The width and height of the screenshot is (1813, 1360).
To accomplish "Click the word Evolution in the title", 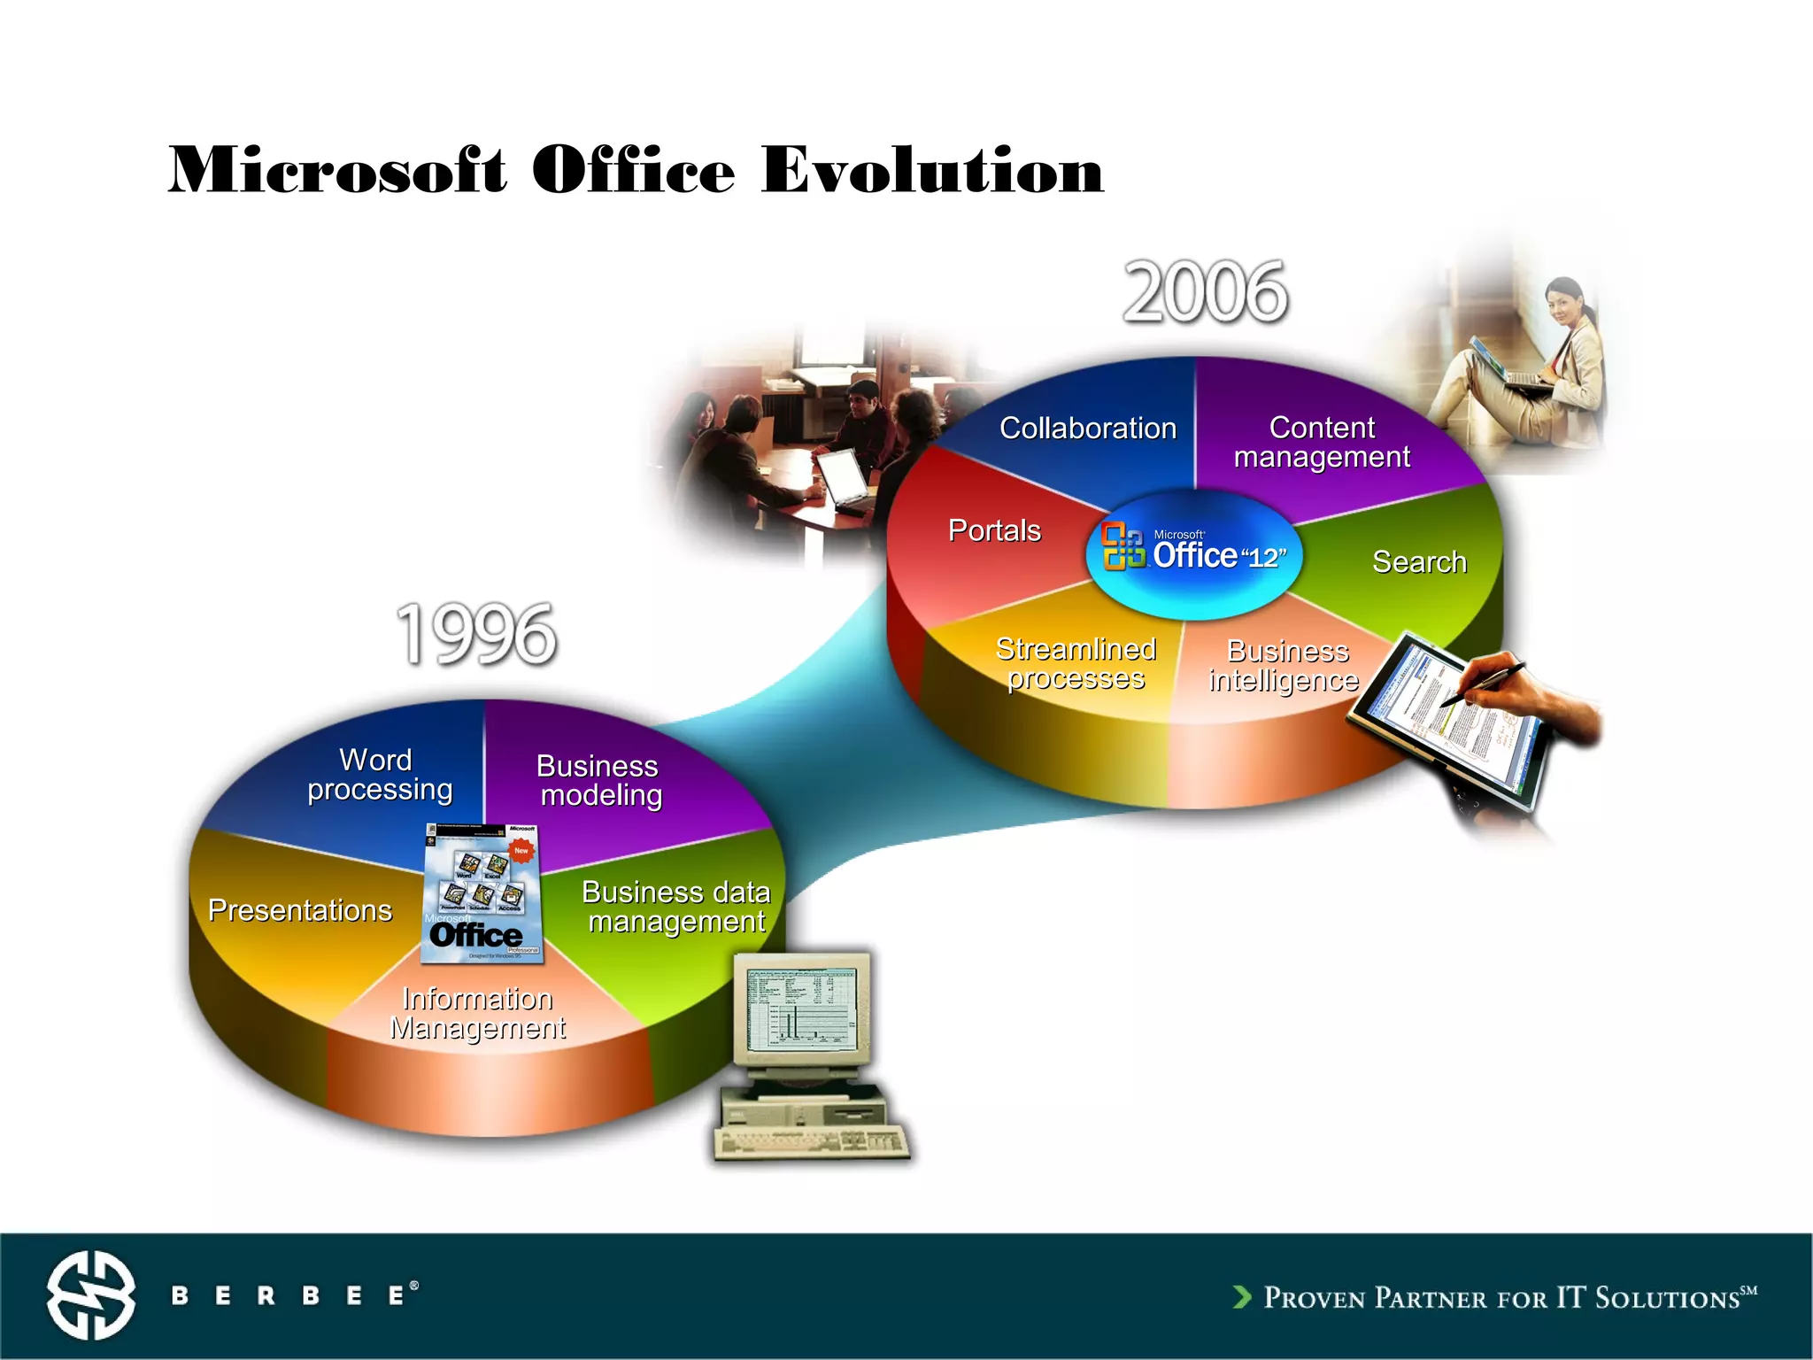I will (x=932, y=170).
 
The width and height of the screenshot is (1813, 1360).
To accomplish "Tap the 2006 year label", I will (x=1205, y=293).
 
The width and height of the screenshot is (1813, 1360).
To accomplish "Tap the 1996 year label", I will (x=476, y=634).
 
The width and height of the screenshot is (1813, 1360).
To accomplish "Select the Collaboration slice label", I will (x=1088, y=429).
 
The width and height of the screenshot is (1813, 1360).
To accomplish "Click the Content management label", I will (x=1322, y=442).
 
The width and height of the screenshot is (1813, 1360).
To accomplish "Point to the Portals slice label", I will (x=994, y=530).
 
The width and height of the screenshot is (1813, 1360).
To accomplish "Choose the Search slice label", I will (x=1419, y=562).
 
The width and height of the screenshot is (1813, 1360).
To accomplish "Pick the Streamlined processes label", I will (x=1076, y=663).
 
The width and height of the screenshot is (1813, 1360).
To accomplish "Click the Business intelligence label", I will (x=1285, y=666).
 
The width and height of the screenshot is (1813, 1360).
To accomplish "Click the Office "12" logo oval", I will (x=1194, y=553).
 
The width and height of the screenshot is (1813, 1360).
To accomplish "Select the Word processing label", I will (x=379, y=775).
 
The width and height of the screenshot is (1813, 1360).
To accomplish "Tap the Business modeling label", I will (x=599, y=780).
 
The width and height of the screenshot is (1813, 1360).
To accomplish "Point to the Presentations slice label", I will (x=299, y=910).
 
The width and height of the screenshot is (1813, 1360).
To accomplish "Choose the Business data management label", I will (x=676, y=907).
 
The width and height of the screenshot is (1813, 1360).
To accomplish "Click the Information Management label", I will (x=477, y=1013).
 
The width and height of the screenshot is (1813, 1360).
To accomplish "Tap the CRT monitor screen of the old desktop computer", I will (x=800, y=1008).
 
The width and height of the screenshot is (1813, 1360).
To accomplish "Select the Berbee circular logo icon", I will (x=91, y=1294).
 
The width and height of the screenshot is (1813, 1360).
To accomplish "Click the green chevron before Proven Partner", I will (x=1242, y=1297).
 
